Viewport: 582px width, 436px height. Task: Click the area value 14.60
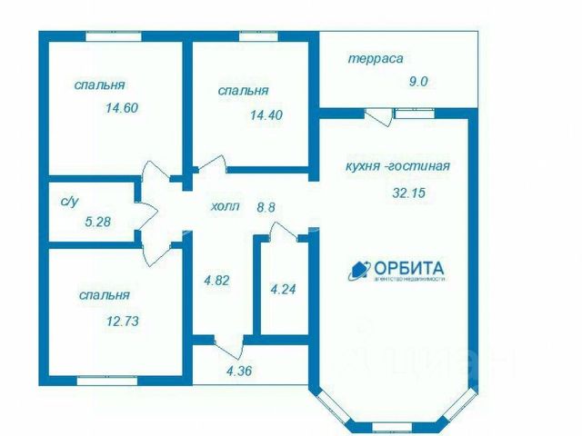point(121,106)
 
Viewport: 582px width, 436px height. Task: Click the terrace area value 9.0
point(417,81)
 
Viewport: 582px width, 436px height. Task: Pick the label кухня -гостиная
point(398,166)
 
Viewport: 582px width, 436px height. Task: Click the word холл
point(224,206)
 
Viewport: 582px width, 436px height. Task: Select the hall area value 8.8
point(265,206)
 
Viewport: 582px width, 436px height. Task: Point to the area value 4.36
point(242,370)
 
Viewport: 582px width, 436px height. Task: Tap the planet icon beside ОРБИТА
point(358,270)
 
